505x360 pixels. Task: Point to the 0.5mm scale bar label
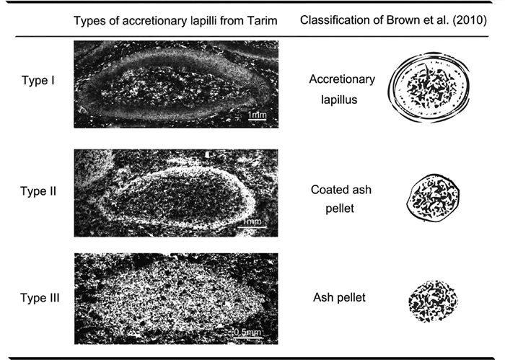tap(247, 333)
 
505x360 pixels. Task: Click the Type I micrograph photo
tap(176, 85)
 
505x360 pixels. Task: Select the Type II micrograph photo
tap(176, 193)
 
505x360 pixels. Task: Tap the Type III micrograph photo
tap(176, 298)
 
